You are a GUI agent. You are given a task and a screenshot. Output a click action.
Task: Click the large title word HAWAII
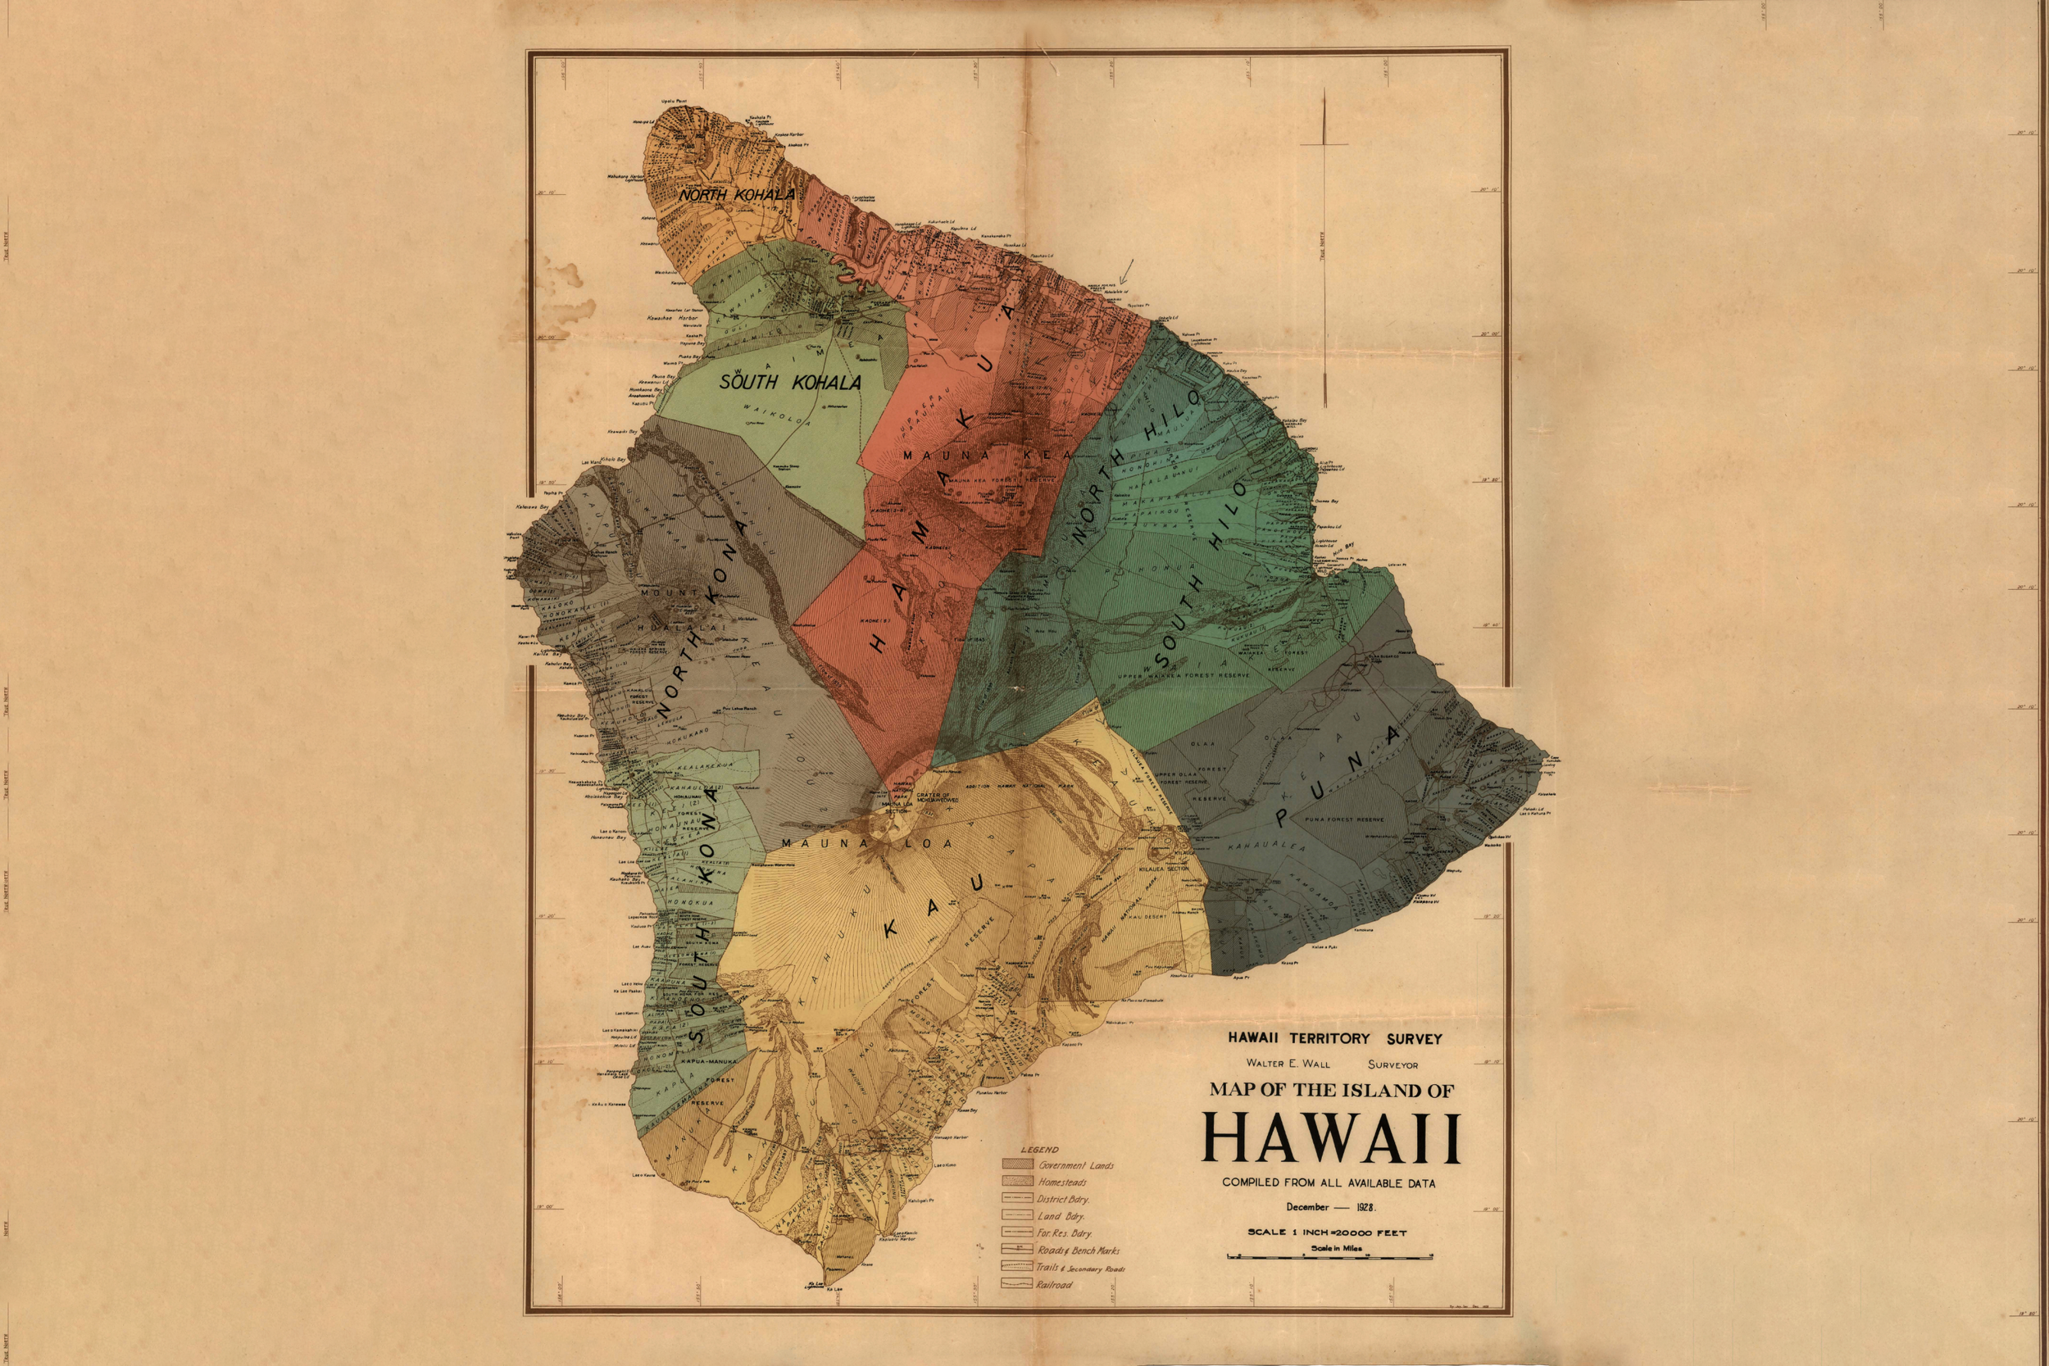[x=1330, y=1140]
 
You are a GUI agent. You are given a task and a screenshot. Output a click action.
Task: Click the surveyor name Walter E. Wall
[x=1288, y=1064]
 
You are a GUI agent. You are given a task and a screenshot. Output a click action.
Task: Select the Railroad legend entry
[x=1054, y=1284]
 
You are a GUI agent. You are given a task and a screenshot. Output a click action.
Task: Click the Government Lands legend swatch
[x=1017, y=1164]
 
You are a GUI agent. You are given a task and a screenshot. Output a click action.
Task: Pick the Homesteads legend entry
[x=1062, y=1182]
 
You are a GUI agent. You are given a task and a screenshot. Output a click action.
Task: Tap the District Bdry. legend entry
[x=1063, y=1200]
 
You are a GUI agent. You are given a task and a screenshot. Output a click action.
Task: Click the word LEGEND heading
[x=1039, y=1149]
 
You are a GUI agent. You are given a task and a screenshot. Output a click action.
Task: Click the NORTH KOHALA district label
[x=737, y=194]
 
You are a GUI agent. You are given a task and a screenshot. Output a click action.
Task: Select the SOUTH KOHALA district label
[x=790, y=382]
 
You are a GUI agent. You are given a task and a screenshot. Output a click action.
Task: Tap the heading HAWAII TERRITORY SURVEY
[x=1334, y=1038]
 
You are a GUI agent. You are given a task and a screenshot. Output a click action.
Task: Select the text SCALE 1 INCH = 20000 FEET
[x=1327, y=1232]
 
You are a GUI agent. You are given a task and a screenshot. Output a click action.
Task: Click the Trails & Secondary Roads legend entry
[x=1080, y=1268]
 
